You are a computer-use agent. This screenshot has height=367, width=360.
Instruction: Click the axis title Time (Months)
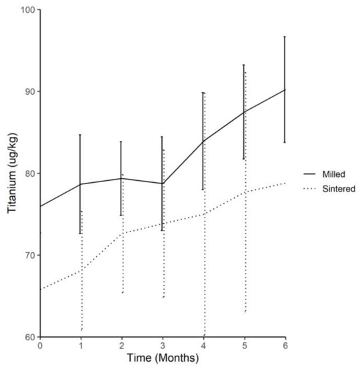click(x=163, y=359)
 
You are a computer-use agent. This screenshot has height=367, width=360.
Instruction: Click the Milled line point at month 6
click(x=285, y=89)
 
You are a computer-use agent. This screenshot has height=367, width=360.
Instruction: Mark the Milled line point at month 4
click(x=203, y=141)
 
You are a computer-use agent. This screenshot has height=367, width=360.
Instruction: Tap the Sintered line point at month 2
click(x=122, y=233)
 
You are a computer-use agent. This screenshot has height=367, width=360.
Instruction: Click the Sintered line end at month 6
click(x=285, y=183)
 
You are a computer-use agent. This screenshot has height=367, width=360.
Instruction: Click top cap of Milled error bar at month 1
click(x=81, y=135)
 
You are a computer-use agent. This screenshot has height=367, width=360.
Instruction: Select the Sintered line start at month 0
click(x=40, y=289)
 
